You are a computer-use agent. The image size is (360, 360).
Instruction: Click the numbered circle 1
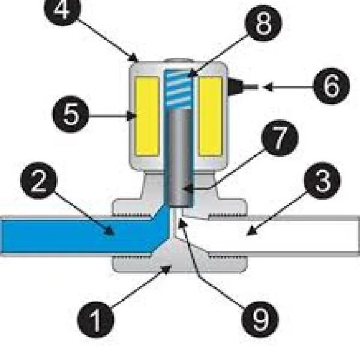pyautogui.click(x=96, y=319)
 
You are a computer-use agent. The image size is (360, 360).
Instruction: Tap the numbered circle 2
pyautogui.click(x=38, y=181)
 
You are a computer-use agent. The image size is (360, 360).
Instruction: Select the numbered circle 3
pyautogui.click(x=322, y=181)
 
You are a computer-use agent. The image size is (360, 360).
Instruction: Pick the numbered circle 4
pyautogui.click(x=62, y=9)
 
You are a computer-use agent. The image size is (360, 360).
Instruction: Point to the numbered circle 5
pyautogui.click(x=71, y=114)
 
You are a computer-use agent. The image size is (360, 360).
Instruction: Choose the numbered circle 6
pyautogui.click(x=332, y=86)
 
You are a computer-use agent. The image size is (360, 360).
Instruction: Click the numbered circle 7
pyautogui.click(x=280, y=138)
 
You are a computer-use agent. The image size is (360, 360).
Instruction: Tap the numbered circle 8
pyautogui.click(x=263, y=23)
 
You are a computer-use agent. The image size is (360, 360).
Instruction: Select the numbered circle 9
pyautogui.click(x=260, y=319)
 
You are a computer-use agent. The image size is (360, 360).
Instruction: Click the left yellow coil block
pyautogui.click(x=147, y=116)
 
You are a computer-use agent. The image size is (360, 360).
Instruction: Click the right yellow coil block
pyautogui.click(x=211, y=116)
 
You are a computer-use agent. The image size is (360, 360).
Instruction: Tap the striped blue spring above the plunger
pyautogui.click(x=179, y=89)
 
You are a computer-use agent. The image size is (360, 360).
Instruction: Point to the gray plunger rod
pyautogui.click(x=180, y=157)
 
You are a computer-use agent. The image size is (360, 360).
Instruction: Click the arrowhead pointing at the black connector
pyautogui.click(x=268, y=87)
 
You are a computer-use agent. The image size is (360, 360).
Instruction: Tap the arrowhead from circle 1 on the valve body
pyautogui.click(x=167, y=269)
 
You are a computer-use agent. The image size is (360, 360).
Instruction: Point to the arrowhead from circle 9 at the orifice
pyautogui.click(x=182, y=223)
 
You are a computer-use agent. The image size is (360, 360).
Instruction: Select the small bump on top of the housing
pyautogui.click(x=179, y=61)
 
